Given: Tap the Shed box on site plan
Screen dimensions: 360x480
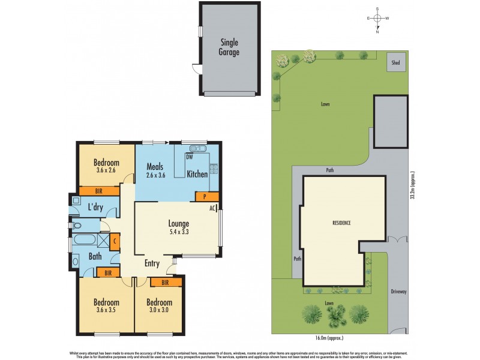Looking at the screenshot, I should point(395,62).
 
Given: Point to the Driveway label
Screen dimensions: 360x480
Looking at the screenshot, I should point(398,292).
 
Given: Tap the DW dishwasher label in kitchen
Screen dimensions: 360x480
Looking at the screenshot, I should point(189,157).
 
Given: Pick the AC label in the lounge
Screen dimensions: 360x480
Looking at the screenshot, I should point(212,209).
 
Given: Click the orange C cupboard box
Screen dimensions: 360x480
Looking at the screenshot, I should point(115,242).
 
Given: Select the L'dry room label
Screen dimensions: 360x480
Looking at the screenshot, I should point(96,207).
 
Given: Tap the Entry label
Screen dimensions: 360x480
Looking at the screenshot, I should point(152,263).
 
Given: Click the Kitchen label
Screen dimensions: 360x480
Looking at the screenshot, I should point(197,174).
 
